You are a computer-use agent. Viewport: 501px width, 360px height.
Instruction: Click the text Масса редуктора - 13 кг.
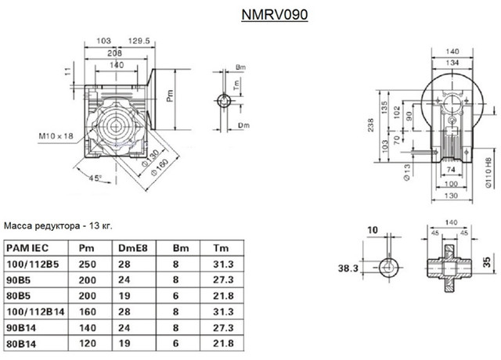pos(59,225)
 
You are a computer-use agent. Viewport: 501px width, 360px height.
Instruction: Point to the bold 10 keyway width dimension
pos(373,232)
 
